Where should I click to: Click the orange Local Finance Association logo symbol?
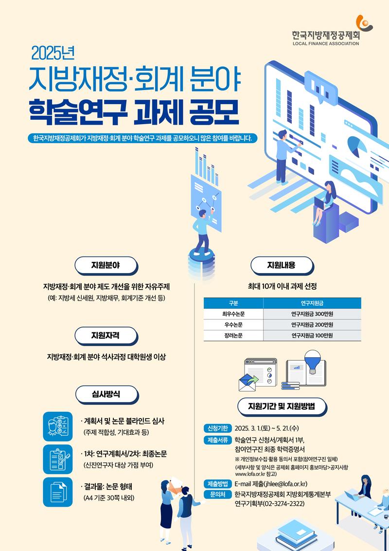tap(364, 23)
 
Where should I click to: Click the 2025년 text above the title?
tap(53, 53)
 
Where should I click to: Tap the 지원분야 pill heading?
tap(106, 265)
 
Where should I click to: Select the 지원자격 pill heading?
tap(106, 335)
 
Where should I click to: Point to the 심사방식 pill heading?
tap(106, 394)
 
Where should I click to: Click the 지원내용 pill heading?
tap(282, 265)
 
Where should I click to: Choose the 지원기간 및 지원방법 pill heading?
tap(282, 406)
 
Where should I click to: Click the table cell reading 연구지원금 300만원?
tap(312, 314)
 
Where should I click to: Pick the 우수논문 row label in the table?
tap(233, 325)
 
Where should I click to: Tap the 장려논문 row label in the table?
tap(233, 335)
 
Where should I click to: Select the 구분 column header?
tap(233, 303)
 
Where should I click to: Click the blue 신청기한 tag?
tap(218, 428)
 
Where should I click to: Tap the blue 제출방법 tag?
tap(218, 484)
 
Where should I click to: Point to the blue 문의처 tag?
tap(218, 495)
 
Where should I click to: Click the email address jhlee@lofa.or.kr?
tap(285, 484)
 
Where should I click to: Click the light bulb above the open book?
tap(312, 361)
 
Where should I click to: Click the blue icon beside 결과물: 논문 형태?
tap(58, 492)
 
